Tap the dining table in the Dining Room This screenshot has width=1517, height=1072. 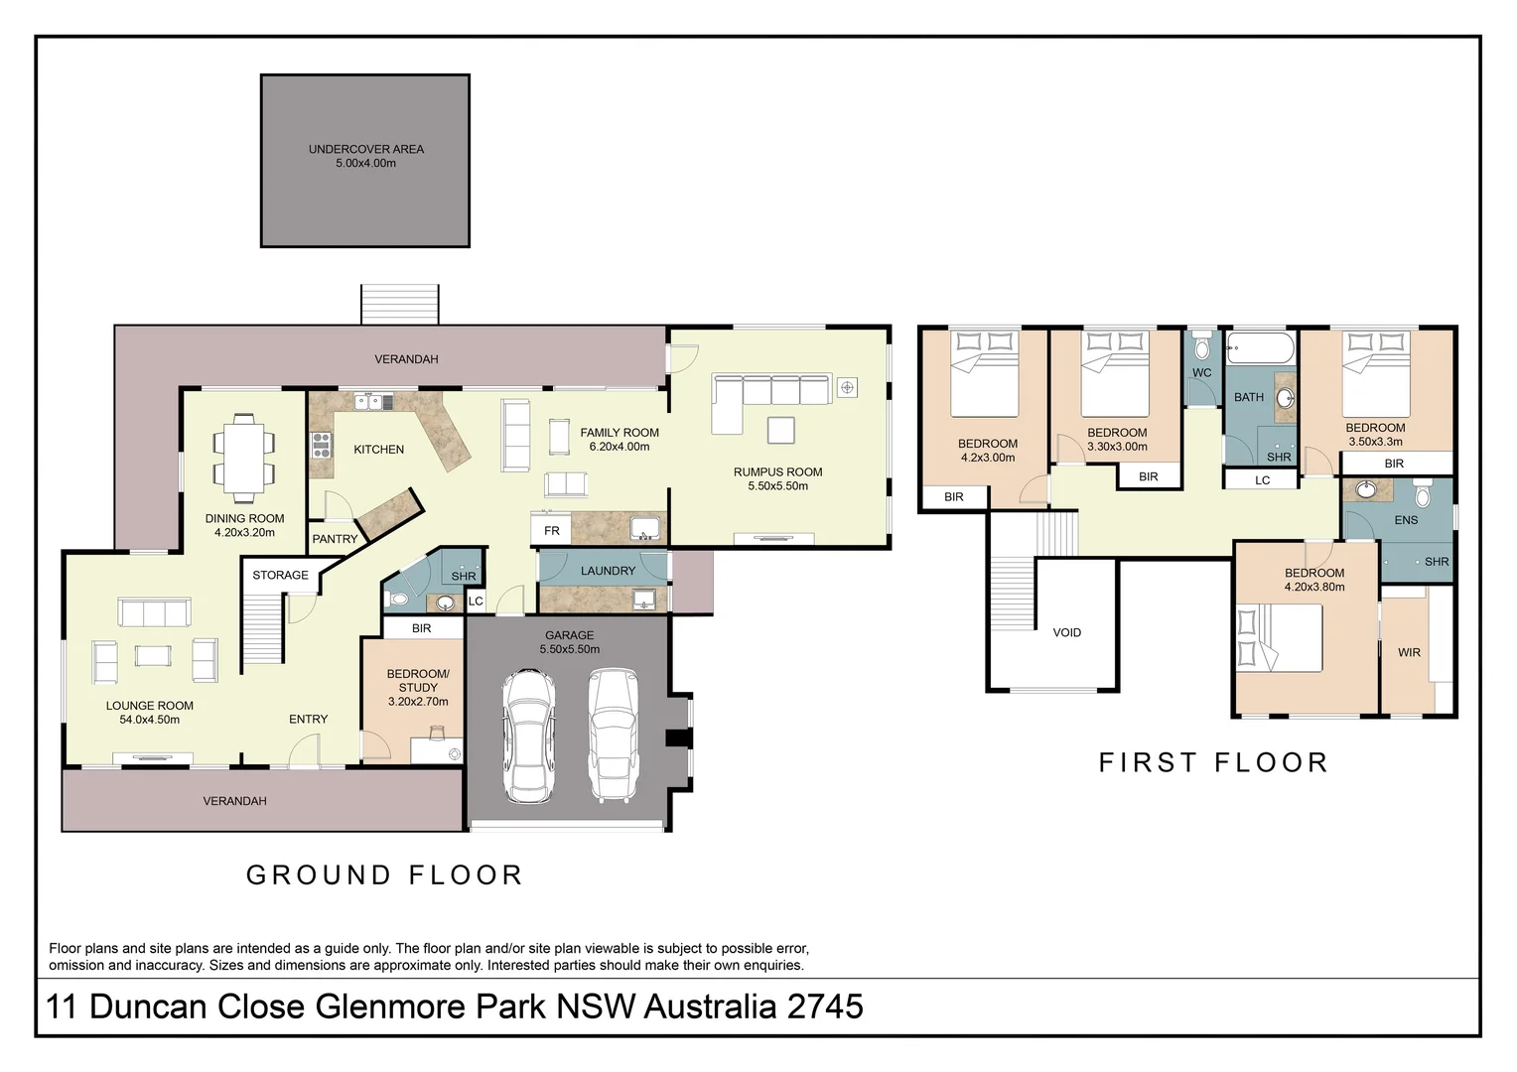tap(244, 458)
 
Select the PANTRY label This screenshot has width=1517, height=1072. tap(335, 539)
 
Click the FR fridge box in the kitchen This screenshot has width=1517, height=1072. tap(551, 531)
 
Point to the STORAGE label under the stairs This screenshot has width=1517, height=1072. tap(280, 575)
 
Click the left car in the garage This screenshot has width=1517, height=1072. tap(528, 736)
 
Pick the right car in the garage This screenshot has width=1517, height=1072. tap(613, 736)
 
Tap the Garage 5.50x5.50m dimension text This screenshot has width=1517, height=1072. tap(570, 649)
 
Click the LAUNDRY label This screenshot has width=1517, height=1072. tap(609, 571)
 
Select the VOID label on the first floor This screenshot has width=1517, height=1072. tap(1066, 632)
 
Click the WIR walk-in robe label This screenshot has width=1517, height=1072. tap(1409, 653)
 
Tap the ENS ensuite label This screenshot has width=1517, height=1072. tap(1406, 520)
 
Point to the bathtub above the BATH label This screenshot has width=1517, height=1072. tap(1260, 348)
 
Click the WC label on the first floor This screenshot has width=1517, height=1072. tap(1202, 372)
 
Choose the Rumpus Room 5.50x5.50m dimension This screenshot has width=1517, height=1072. tap(778, 486)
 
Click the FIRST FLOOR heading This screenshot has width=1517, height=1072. tap(1212, 762)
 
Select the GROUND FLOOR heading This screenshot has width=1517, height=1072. tap(384, 874)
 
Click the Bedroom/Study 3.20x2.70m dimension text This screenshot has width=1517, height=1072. tap(418, 702)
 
